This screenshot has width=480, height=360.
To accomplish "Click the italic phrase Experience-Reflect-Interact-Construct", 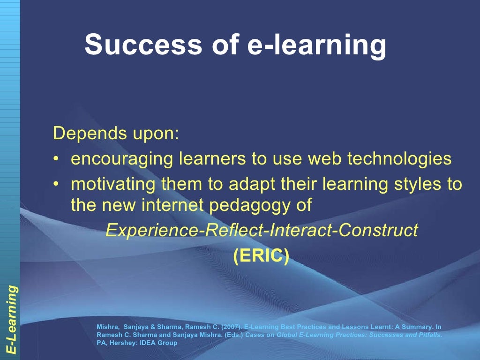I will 262,231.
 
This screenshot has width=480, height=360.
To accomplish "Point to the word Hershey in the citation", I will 124,343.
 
